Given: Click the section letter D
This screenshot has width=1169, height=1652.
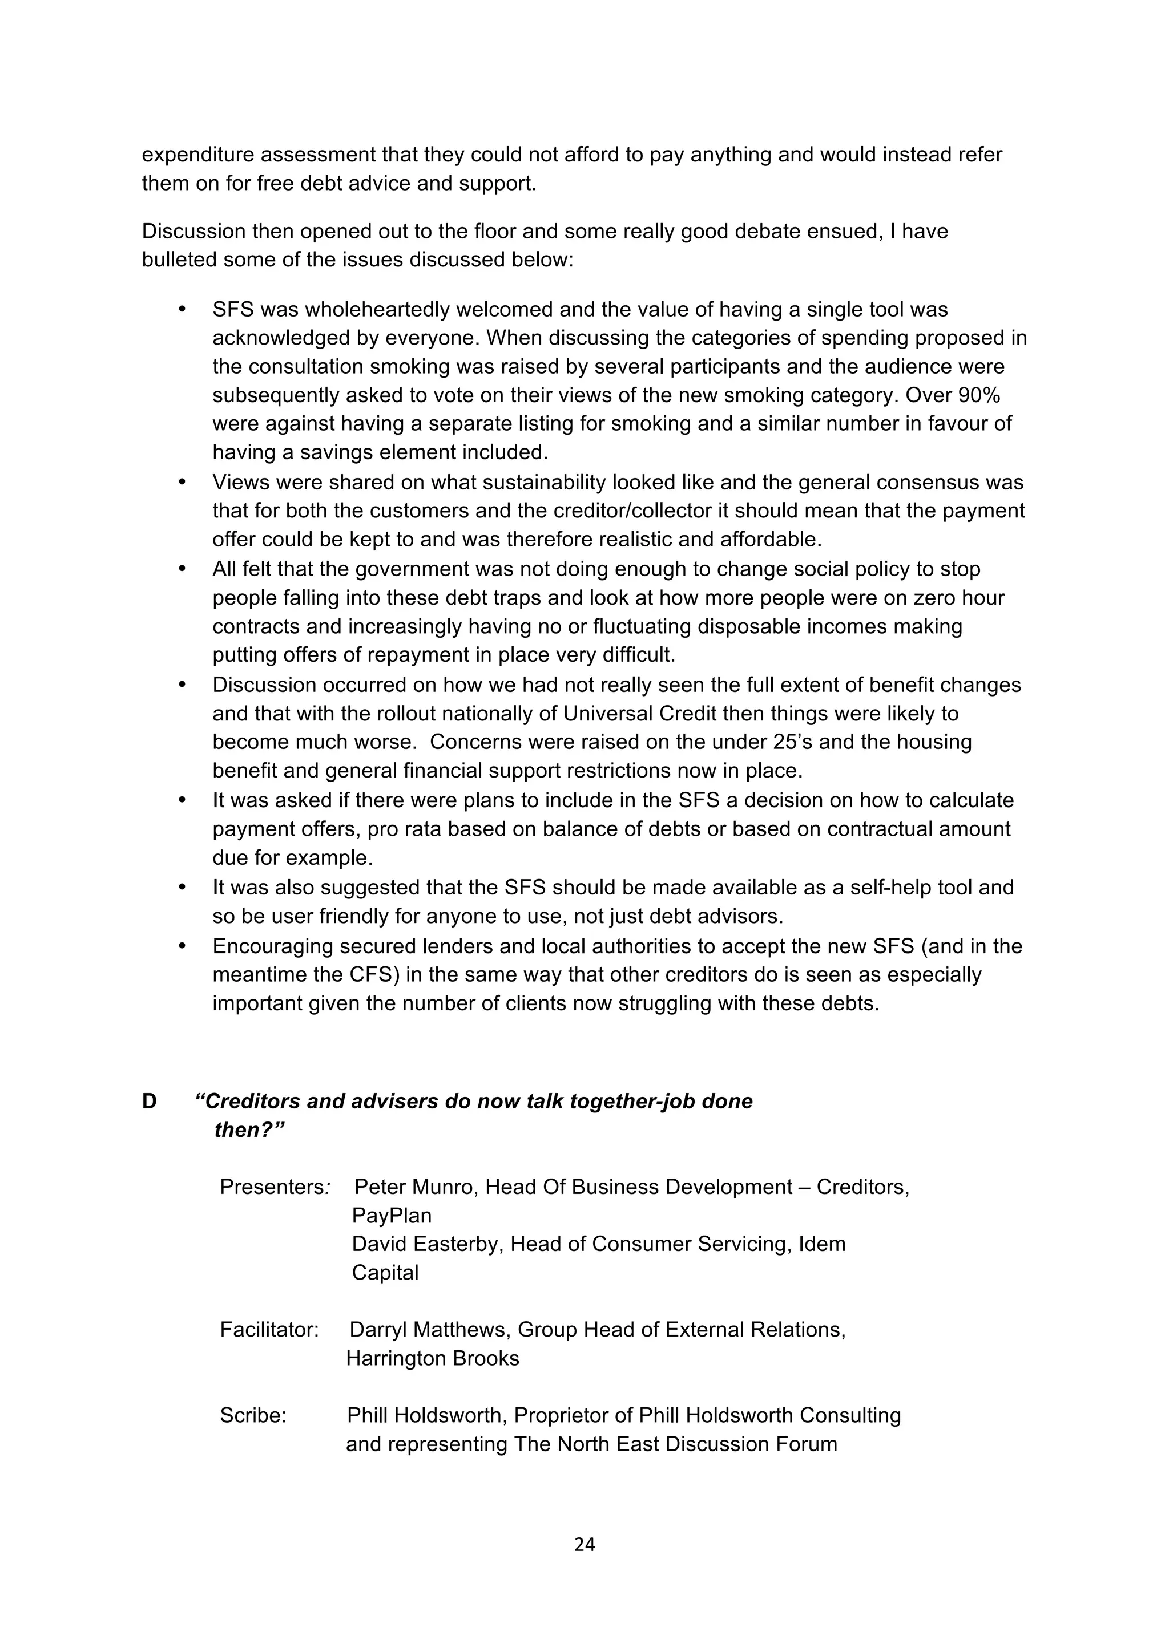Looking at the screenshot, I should tap(149, 1101).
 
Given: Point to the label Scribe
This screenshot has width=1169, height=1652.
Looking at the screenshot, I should tap(253, 1415).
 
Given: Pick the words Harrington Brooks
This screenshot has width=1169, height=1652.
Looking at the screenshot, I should tap(432, 1358).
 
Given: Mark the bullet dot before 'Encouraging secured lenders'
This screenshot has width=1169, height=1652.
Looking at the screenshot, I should tap(182, 945).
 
